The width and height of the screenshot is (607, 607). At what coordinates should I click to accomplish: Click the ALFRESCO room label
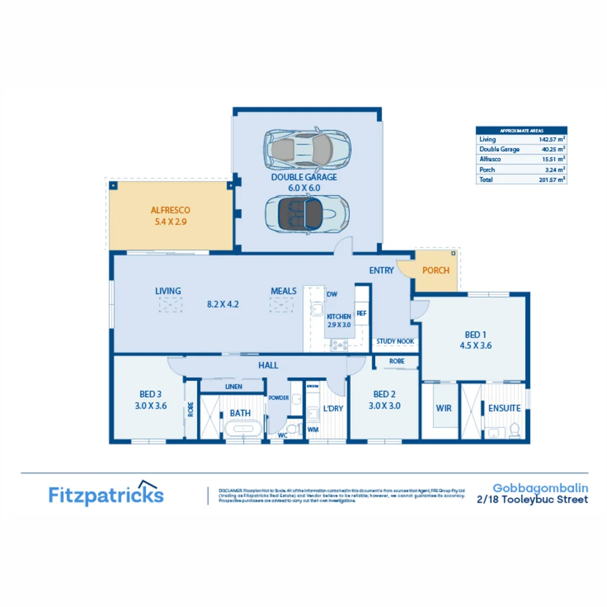click(170, 210)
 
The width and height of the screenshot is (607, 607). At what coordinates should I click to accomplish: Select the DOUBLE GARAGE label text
click(304, 176)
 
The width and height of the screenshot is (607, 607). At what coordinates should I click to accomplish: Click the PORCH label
click(436, 270)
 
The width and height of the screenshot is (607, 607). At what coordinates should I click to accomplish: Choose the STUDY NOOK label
click(395, 341)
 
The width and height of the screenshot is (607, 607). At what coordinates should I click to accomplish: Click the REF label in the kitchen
click(361, 313)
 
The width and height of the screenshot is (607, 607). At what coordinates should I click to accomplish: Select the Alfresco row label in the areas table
click(490, 159)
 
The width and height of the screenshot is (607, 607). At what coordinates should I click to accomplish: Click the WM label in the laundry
click(312, 429)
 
